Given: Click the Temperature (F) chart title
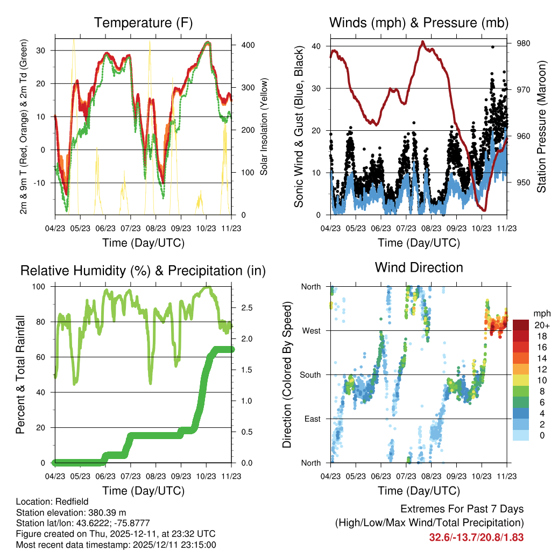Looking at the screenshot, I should click(x=143, y=23).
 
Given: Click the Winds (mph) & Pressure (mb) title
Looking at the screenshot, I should click(x=419, y=23).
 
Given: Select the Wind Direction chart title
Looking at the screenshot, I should click(x=419, y=267).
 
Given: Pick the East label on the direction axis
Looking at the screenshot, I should click(x=312, y=419).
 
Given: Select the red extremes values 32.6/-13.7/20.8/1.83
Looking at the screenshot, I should click(x=476, y=537).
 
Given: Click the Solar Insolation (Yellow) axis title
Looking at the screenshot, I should click(x=264, y=126).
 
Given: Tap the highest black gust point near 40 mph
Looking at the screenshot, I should click(x=492, y=47).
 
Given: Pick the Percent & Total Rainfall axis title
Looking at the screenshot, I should click(x=20, y=375).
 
